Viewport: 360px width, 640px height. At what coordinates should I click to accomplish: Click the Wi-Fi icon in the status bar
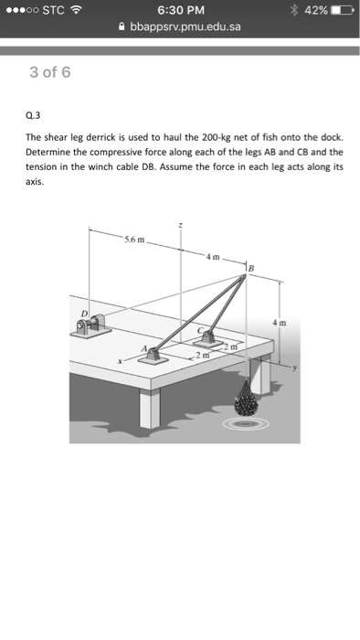76,10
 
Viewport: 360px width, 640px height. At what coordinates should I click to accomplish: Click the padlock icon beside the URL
122,27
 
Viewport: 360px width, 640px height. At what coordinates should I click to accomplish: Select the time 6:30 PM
181,10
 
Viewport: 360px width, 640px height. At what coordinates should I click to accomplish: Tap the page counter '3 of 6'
49,72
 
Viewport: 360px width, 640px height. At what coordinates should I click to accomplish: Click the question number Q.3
33,116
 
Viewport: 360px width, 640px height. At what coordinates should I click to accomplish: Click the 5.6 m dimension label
134,240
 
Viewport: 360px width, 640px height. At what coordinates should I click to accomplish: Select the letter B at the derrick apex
251,269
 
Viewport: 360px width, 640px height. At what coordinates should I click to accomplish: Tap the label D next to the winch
84,314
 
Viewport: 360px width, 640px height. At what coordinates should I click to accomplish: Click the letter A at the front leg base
144,348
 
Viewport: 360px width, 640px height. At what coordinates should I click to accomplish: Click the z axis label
181,225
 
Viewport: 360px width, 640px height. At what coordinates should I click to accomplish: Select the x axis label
120,361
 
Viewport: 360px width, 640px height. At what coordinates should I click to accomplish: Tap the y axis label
296,367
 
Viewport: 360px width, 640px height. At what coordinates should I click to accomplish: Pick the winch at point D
91,325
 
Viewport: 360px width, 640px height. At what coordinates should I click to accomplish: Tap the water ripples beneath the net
247,423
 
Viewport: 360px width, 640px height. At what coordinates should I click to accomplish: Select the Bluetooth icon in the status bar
294,10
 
